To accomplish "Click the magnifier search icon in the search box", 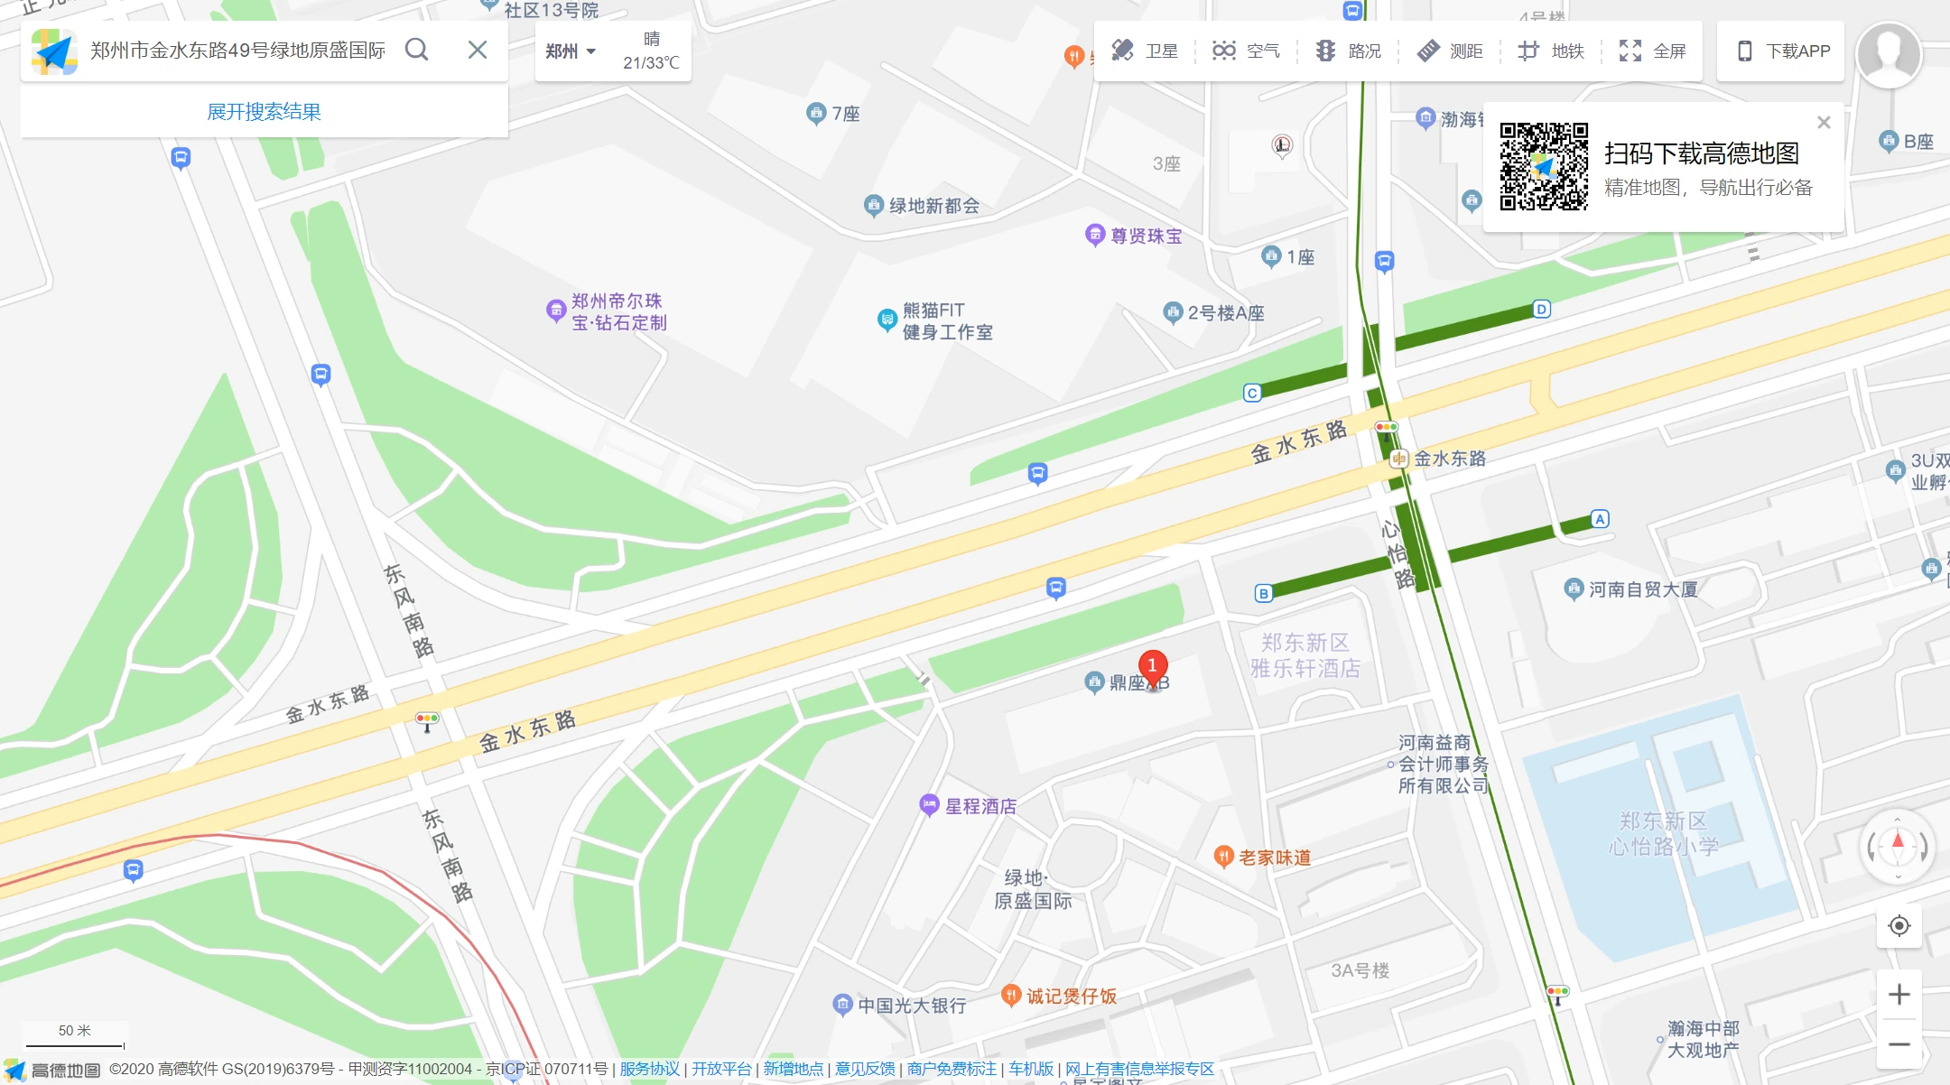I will pos(416,50).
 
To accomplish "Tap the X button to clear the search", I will pos(478,50).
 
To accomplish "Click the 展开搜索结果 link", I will pos(264,112).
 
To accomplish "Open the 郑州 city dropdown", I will pos(571,51).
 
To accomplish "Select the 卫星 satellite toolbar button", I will pos(1145,51).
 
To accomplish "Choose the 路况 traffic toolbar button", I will pos(1349,51).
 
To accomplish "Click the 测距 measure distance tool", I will pos(1450,51).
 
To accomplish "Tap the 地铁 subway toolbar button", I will pos(1551,51).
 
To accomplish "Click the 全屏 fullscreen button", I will pos(1652,51).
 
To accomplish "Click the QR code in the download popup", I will pos(1544,167).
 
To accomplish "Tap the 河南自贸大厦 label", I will pos(1642,589).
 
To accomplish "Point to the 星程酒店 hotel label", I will pos(980,806).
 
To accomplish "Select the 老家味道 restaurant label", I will pos(1274,858).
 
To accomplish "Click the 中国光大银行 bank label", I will pos(911,1006).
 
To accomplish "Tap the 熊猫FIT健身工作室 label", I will pos(946,321).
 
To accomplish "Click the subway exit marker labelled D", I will pos(1542,310).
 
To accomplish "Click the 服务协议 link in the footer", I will pos(649,1070).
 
